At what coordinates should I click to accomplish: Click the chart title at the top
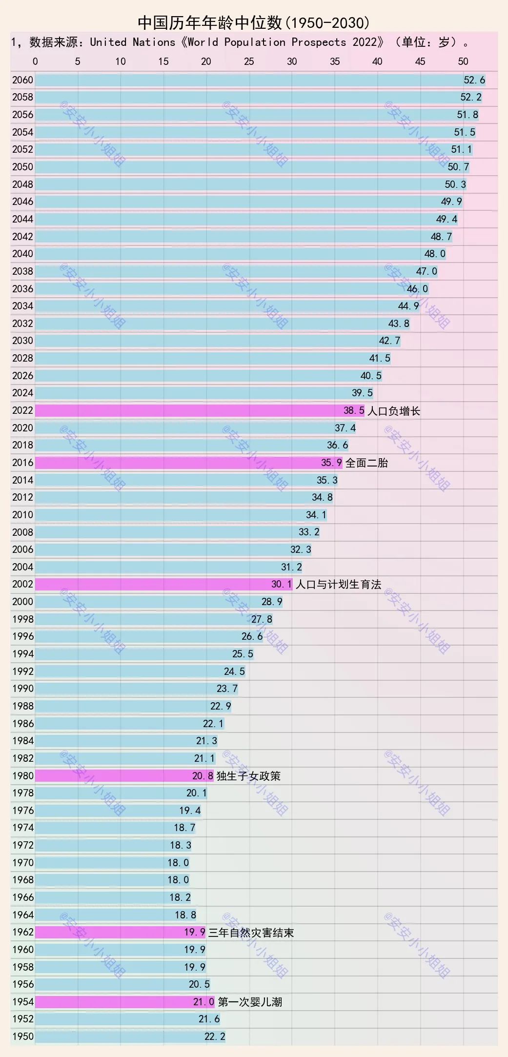[x=254, y=22]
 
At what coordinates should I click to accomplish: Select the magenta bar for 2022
[x=190, y=410]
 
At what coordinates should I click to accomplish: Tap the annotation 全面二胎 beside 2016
[x=366, y=463]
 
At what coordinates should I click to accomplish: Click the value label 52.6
[x=474, y=80]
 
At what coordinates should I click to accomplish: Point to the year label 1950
[x=22, y=1036]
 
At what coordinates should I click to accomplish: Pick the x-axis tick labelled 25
[x=249, y=61]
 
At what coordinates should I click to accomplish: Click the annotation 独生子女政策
[x=248, y=776]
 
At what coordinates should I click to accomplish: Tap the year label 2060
[x=22, y=80]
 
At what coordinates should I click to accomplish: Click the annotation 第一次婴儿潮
[x=250, y=1002]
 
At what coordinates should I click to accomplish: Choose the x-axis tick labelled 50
[x=463, y=61]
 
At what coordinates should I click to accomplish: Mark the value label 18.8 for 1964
[x=185, y=915]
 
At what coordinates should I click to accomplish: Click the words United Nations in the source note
[x=132, y=42]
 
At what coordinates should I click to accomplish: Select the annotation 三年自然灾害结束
[x=251, y=933]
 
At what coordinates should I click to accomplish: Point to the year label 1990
[x=22, y=689]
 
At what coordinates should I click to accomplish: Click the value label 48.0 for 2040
[x=435, y=254]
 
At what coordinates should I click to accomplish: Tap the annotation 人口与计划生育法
[x=338, y=584]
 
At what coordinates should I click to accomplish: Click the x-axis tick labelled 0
[x=35, y=61]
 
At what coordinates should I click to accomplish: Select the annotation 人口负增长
[x=393, y=411]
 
